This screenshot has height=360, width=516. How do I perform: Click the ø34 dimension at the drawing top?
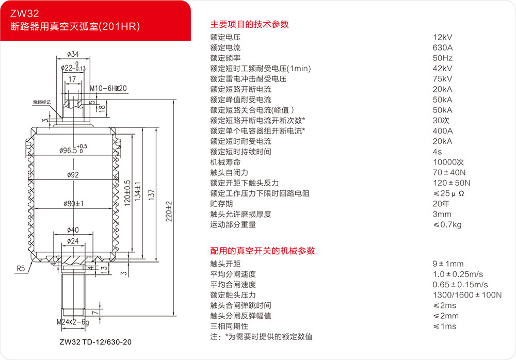(73, 54)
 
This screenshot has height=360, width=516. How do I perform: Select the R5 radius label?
(20, 268)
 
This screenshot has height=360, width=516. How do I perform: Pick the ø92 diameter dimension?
(73, 175)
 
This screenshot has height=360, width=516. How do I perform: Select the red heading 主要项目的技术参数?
(249, 24)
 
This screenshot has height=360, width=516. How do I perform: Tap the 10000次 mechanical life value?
(448, 162)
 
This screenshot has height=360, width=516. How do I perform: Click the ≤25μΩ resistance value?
(447, 193)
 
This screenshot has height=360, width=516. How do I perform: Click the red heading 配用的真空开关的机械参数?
(263, 251)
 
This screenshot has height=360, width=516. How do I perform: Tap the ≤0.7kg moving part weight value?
(447, 224)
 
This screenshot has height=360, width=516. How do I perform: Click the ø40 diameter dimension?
(73, 230)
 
